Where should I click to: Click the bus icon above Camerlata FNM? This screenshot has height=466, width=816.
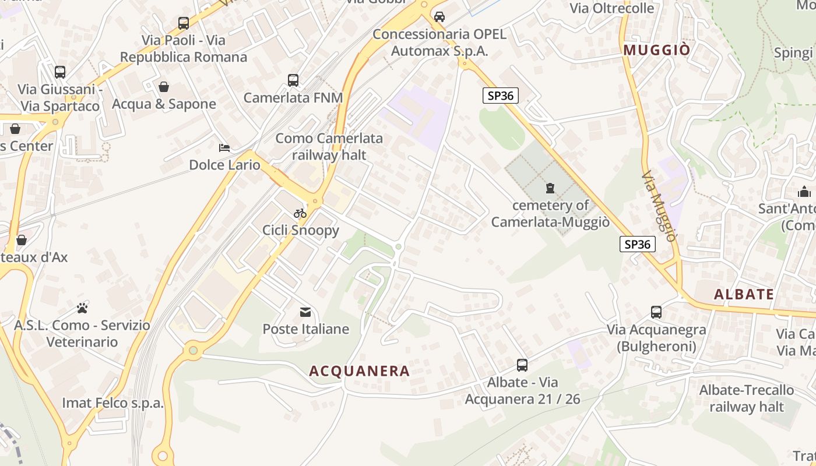(x=293, y=80)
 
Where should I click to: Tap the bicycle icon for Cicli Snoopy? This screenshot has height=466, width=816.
(x=300, y=213)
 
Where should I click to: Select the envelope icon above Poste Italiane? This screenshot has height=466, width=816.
(x=305, y=313)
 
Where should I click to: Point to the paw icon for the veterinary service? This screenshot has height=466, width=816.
(x=82, y=308)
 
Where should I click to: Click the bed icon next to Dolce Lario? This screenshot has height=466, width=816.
(x=224, y=148)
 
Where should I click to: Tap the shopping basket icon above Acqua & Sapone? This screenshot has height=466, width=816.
(x=164, y=87)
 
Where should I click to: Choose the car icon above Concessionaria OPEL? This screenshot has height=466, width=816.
(x=439, y=16)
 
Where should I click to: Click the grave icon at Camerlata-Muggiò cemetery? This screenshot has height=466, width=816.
(x=550, y=188)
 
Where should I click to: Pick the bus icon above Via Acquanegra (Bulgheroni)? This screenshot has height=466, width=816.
(x=656, y=312)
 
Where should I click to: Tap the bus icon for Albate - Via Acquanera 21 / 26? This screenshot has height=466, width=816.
(x=522, y=365)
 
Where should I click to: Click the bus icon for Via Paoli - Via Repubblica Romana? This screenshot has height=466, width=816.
(x=184, y=23)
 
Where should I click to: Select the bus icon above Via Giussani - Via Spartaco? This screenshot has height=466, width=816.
(x=60, y=72)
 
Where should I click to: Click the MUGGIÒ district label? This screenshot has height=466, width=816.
(x=657, y=50)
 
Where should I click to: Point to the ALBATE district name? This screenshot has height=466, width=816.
(x=744, y=294)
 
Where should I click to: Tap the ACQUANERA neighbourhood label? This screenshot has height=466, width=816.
(x=360, y=371)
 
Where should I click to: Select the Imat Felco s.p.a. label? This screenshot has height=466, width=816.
(x=113, y=403)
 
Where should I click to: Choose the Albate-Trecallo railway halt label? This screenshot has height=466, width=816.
(x=746, y=398)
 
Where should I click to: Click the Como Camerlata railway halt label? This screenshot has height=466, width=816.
(x=329, y=146)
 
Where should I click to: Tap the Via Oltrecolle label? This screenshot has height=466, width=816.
(x=612, y=8)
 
